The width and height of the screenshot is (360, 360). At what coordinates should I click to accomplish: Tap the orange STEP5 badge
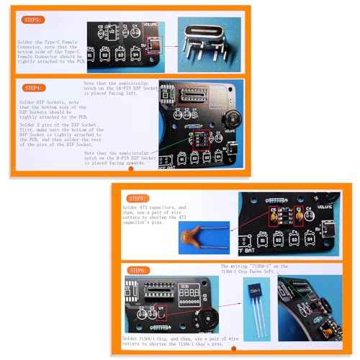click(x=138, y=197)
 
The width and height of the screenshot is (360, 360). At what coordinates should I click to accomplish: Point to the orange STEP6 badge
click(x=138, y=270)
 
